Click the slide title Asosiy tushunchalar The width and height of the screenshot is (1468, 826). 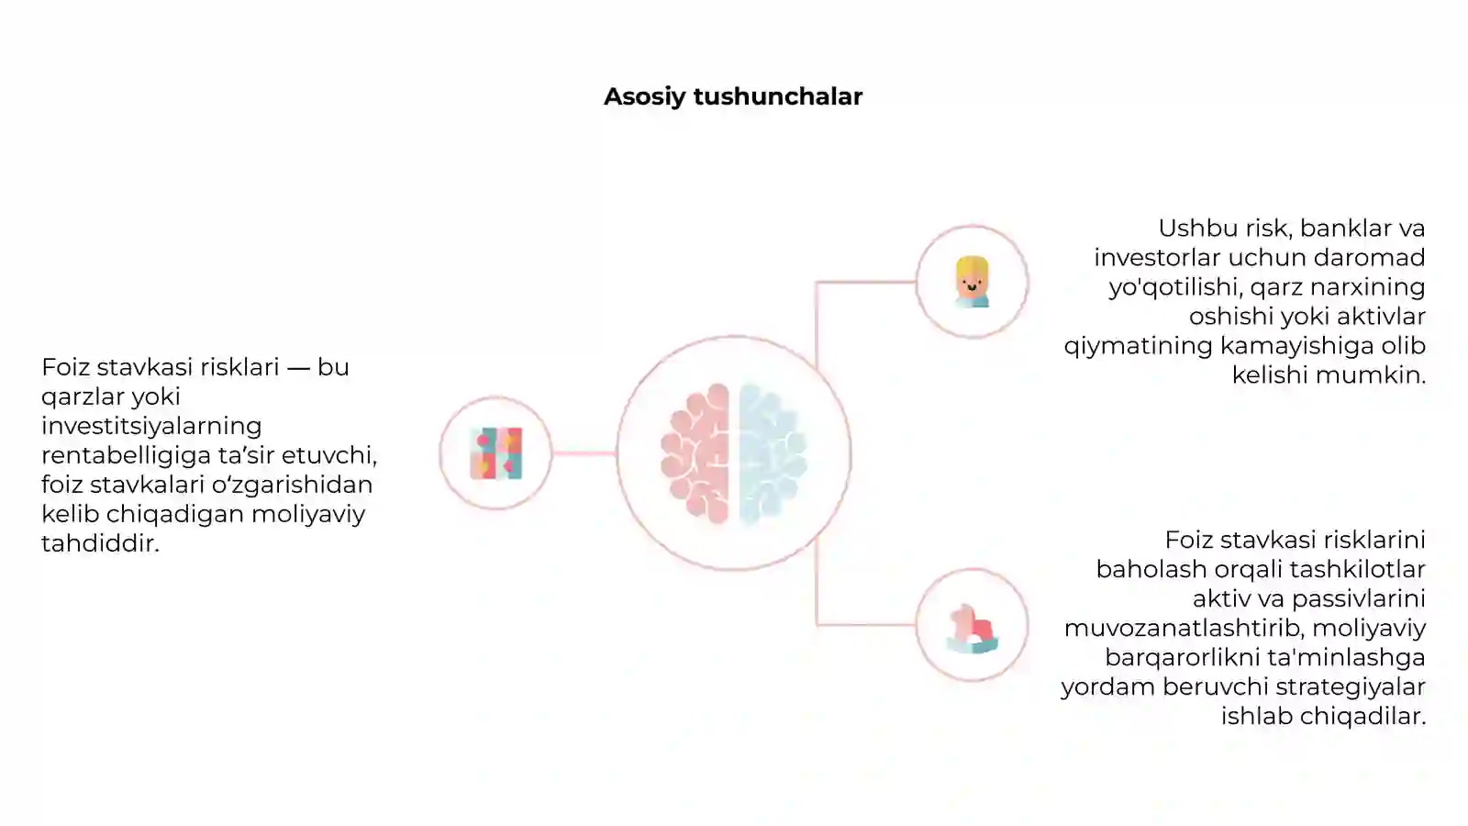pos(733,97)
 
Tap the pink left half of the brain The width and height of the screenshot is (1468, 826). pos(696,453)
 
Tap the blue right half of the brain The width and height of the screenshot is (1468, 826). pos(772,453)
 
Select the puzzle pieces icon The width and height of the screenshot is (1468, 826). pos(496,453)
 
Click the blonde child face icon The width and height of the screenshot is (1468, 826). pos(972,282)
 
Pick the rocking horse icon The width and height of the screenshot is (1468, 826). pos(972,628)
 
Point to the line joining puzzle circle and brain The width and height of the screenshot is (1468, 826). pos(584,453)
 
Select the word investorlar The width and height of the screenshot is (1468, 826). pos(1157,258)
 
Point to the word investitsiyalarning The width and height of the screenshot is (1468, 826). pos(151,427)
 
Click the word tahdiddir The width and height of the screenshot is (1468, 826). pos(100,543)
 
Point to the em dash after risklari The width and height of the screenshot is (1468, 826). pos(298,368)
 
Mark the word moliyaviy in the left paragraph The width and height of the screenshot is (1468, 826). pos(308,515)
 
